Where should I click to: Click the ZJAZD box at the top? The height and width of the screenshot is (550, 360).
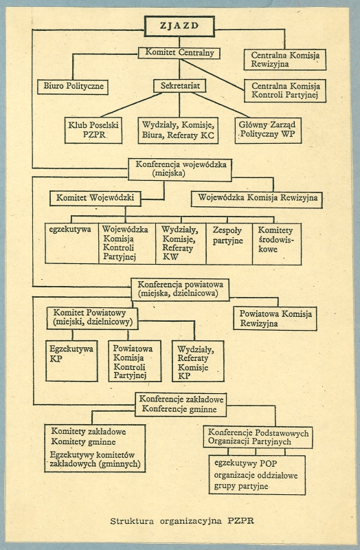(179, 26)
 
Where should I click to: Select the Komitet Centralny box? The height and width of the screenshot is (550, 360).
(179, 53)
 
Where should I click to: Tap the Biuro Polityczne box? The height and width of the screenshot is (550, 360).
(73, 87)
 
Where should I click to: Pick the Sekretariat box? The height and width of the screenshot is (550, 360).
(179, 85)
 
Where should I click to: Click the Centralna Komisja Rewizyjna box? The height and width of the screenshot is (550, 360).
(285, 60)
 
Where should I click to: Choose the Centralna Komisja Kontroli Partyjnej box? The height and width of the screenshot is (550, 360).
(285, 91)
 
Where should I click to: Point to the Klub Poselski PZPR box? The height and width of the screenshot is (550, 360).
(93, 130)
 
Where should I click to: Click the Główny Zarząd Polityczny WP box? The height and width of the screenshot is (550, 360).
(268, 130)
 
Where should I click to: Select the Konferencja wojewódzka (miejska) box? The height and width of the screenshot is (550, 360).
(180, 170)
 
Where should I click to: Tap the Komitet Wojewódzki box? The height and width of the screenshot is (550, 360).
(95, 198)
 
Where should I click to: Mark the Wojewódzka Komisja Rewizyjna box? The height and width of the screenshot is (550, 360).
(257, 199)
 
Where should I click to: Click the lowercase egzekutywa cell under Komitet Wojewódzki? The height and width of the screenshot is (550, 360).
(72, 243)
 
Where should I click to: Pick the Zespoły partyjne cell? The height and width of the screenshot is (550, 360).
(229, 244)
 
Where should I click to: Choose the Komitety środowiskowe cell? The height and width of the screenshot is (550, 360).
(277, 244)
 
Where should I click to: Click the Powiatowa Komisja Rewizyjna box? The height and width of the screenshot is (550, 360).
(275, 319)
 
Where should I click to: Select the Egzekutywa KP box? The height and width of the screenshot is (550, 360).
(72, 361)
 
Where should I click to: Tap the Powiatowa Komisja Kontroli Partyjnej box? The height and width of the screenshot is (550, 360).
(135, 361)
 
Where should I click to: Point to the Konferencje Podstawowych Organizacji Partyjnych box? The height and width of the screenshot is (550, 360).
(258, 437)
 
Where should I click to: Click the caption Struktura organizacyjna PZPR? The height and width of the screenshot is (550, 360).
(182, 520)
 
